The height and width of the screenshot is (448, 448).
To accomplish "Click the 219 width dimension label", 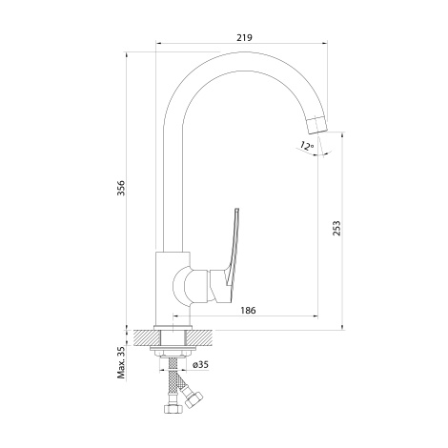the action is pyautogui.click(x=244, y=37).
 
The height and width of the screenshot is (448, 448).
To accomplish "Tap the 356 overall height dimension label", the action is pyautogui.click(x=121, y=188).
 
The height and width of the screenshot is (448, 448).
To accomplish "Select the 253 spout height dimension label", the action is pyautogui.click(x=336, y=228).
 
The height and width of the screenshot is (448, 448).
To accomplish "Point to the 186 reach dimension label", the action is pyautogui.click(x=248, y=310).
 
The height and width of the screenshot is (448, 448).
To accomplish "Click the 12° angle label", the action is pyautogui.click(x=307, y=146).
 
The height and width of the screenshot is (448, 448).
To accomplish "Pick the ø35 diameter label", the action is pyautogui.click(x=200, y=364).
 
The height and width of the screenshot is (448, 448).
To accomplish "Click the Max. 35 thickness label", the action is pyautogui.click(x=121, y=362).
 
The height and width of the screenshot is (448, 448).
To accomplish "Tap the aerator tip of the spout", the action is pyautogui.click(x=318, y=125).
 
